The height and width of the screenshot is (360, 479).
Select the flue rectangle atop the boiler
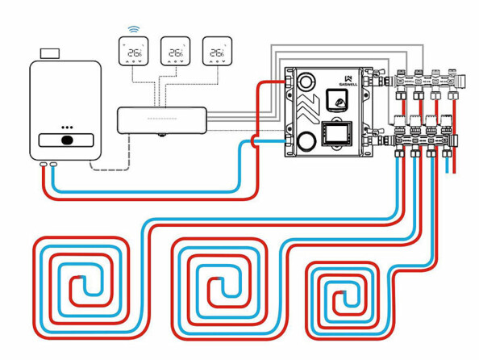(x=50, y=53)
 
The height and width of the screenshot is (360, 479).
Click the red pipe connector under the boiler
(x=43, y=165)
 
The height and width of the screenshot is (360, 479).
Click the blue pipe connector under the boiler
(x=54, y=165)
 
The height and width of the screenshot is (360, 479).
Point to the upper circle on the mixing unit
(x=307, y=83)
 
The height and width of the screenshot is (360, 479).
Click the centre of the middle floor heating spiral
(x=215, y=287)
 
